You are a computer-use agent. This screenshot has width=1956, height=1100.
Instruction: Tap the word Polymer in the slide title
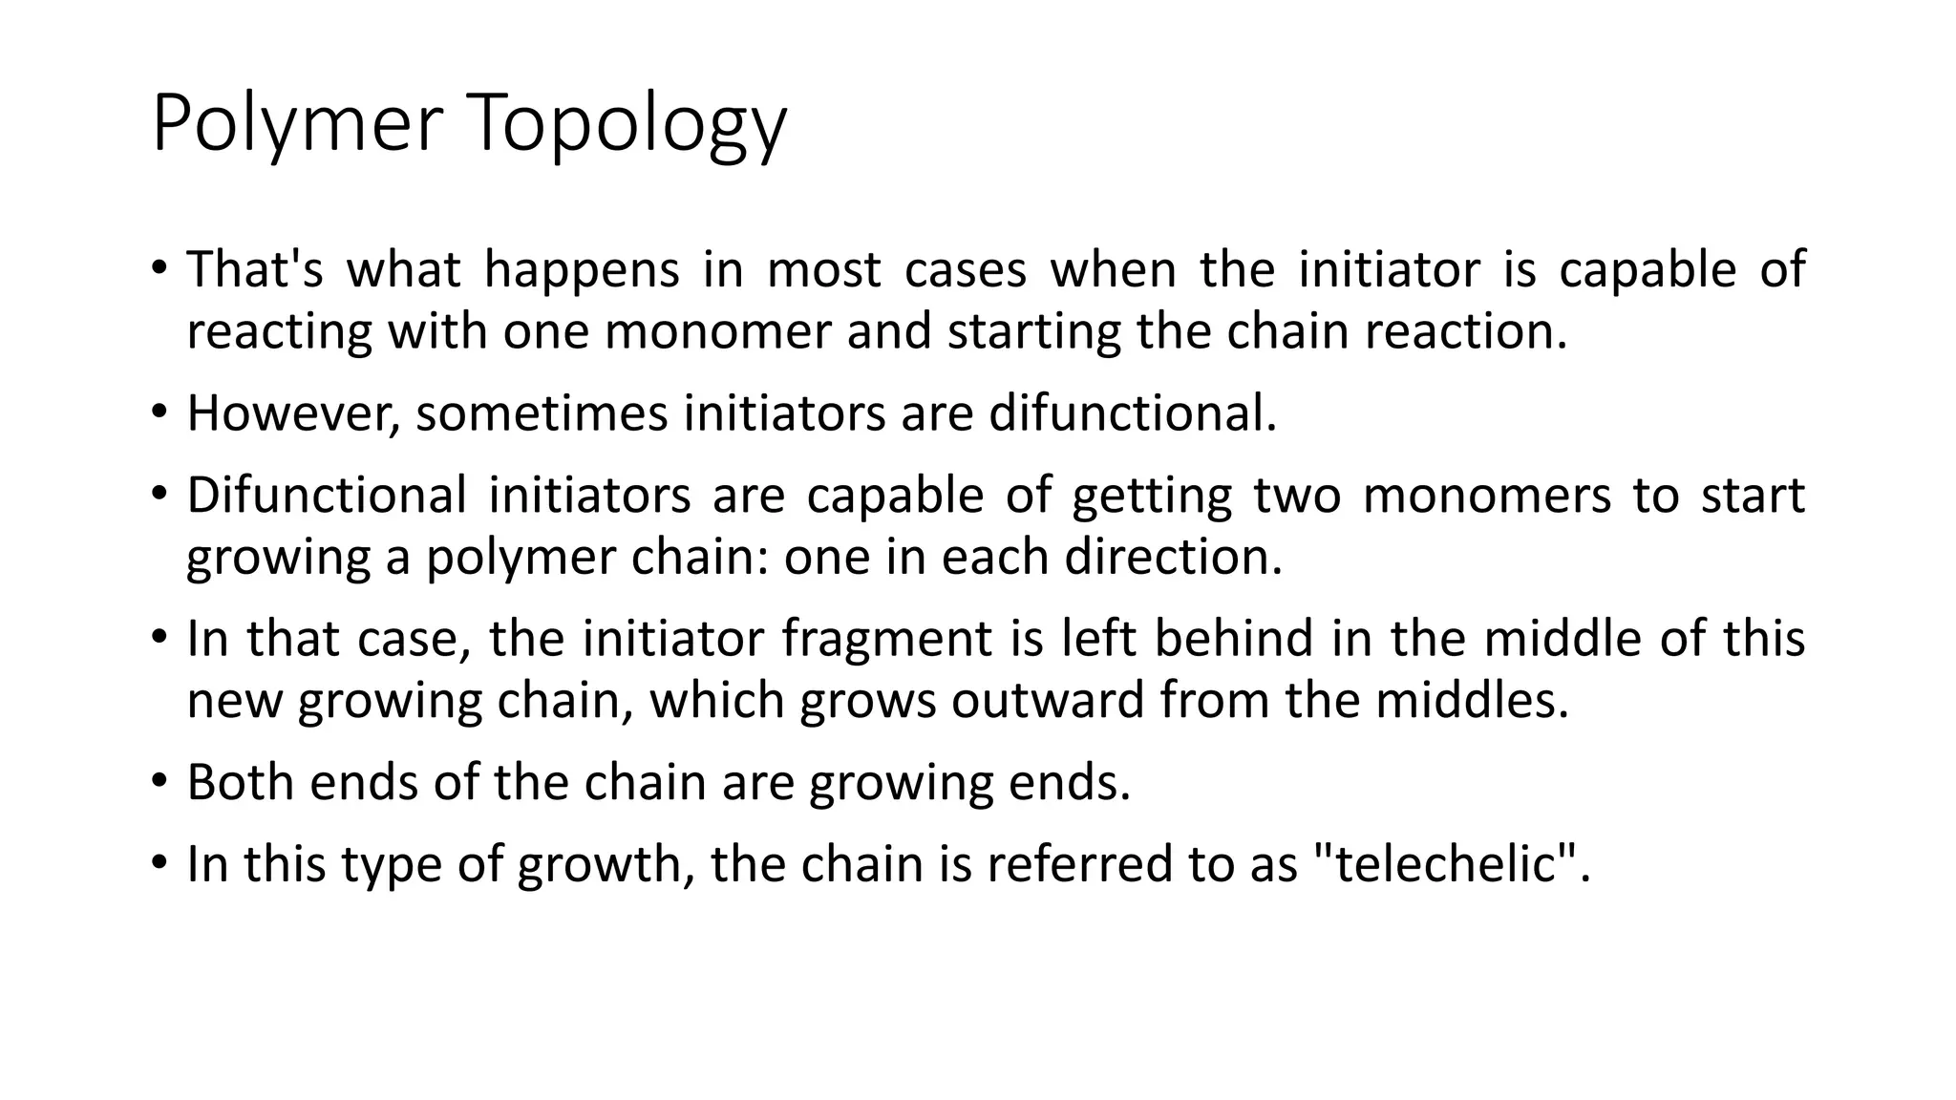[297, 124]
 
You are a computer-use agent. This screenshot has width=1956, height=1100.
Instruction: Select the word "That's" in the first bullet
[255, 269]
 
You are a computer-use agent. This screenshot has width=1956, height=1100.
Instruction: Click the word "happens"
[582, 269]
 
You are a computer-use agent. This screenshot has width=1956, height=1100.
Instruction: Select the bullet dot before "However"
[159, 412]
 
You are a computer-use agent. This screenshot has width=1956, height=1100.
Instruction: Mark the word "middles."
[1473, 701]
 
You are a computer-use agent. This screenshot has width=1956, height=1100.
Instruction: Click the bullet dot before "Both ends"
[159, 781]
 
